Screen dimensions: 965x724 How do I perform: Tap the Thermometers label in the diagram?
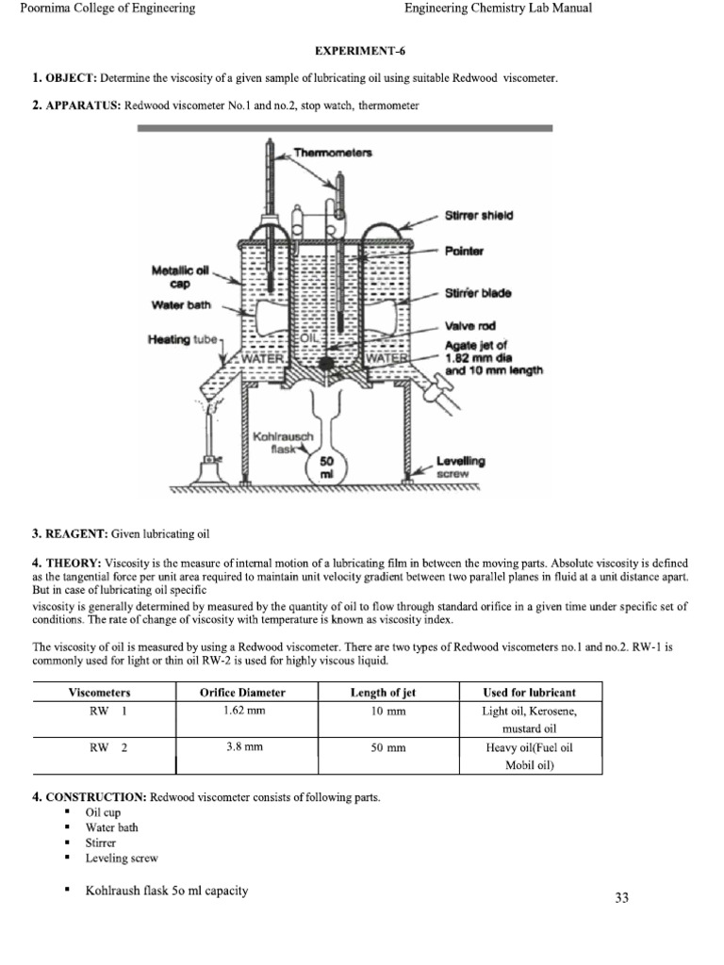pos(333,151)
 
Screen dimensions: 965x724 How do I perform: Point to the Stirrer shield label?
pos(478,216)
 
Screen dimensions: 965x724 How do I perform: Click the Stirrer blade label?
pos(478,293)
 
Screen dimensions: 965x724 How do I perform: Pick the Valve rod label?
pos(469,326)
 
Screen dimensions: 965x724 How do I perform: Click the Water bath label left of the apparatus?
pos(178,304)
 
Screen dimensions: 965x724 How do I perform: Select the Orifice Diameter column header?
pos(242,693)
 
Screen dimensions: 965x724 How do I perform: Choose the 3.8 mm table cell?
pos(242,747)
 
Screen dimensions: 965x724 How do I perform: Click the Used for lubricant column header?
pos(528,693)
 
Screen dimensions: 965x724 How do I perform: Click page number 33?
pos(621,898)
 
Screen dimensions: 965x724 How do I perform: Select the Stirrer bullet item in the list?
pos(101,842)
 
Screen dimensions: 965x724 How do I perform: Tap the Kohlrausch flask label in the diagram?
pos(279,443)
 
